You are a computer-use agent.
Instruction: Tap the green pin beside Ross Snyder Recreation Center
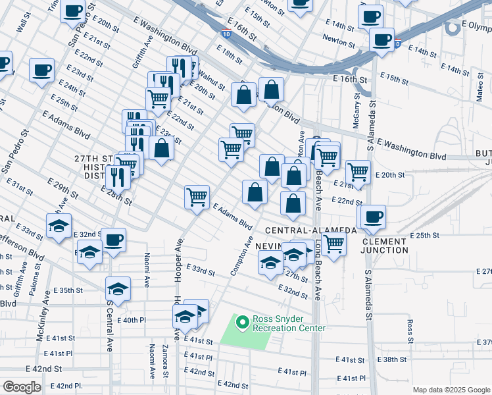(242, 323)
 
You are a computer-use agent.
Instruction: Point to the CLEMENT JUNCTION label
(383, 246)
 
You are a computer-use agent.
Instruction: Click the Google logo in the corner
(22, 387)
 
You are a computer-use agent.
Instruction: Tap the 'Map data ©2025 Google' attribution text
(452, 390)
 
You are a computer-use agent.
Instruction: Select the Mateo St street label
(480, 91)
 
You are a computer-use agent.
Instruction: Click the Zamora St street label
(165, 361)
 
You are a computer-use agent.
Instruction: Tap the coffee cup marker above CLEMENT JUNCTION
(372, 217)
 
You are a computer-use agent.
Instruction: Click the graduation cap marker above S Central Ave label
(118, 288)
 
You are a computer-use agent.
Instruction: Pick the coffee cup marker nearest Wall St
(42, 69)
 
